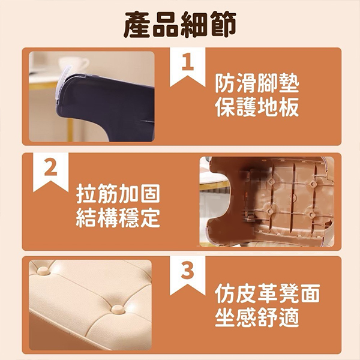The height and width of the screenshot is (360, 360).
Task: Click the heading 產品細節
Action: pyautogui.click(x=180, y=25)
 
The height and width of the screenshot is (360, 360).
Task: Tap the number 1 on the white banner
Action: pyautogui.click(x=188, y=62)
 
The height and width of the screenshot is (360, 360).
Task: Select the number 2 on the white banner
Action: pyautogui.click(x=51, y=167)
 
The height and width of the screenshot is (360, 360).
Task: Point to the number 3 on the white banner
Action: pyautogui.click(x=187, y=271)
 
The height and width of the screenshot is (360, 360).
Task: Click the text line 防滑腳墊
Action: pyautogui.click(x=257, y=83)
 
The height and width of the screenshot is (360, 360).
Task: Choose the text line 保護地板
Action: pyautogui.click(x=257, y=107)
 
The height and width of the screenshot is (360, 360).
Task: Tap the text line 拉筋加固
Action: pyautogui.click(x=118, y=194)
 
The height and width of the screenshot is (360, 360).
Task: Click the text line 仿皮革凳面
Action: pyautogui.click(x=268, y=293)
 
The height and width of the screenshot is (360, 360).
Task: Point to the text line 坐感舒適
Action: pyautogui.click(x=257, y=317)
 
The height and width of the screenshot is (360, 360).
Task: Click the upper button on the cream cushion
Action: pyautogui.click(x=44, y=271)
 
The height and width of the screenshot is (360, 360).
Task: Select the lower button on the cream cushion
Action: pyautogui.click(x=118, y=309)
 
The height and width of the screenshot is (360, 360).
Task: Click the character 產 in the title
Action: pyautogui.click(x=137, y=25)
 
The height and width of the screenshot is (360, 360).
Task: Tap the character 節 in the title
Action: pyautogui.click(x=223, y=25)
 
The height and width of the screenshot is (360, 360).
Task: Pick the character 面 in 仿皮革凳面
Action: pyautogui.click(x=310, y=293)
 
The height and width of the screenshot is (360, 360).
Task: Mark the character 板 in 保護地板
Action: pyautogui.click(x=289, y=107)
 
